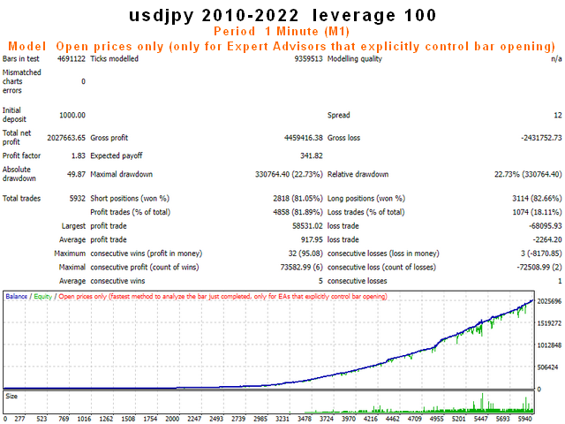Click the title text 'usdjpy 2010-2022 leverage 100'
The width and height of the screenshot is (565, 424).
[x=282, y=16]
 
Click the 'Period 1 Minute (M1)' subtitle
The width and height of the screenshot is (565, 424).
[x=282, y=32]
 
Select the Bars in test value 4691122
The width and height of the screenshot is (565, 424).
[x=72, y=59]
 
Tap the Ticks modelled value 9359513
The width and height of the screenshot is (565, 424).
[x=308, y=59]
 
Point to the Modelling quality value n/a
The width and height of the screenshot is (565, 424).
[x=556, y=59]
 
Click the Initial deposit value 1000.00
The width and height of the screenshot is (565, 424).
[x=72, y=115]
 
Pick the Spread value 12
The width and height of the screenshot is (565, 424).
[x=558, y=115]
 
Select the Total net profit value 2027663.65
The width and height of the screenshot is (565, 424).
[x=66, y=138]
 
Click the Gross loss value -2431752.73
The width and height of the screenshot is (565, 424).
[x=541, y=138]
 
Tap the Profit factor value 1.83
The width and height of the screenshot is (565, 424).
[x=79, y=155]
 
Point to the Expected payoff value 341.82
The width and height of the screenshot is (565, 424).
[x=312, y=155]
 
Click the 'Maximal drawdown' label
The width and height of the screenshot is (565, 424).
[x=122, y=175]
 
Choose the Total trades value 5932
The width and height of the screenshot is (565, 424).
[x=78, y=199]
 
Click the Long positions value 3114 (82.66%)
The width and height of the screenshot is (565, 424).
[x=537, y=199]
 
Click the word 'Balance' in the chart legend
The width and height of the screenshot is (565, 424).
[x=17, y=297]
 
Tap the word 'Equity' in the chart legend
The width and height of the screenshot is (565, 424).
[x=43, y=297]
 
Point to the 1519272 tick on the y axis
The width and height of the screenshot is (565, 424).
[x=549, y=323]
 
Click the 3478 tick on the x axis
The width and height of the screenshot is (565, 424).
[x=305, y=419]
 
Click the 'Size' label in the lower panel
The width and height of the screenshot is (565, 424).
[x=11, y=397]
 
